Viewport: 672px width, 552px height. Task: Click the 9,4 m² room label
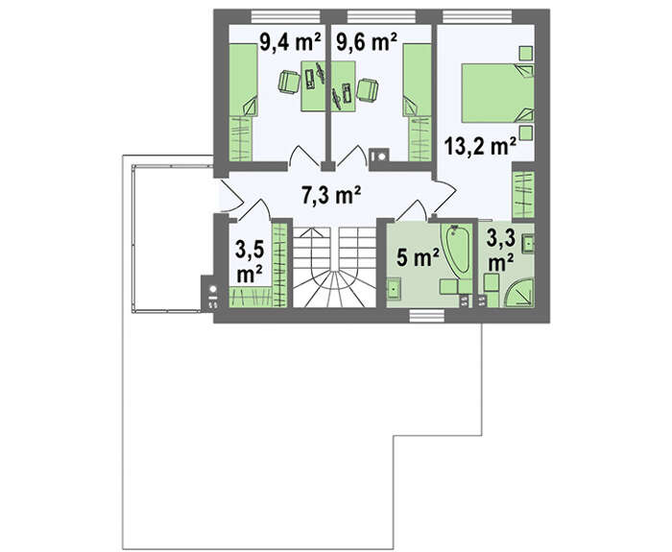[x=290, y=42]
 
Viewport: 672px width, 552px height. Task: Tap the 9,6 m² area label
[x=367, y=42]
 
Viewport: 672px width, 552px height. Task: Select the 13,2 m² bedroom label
[x=480, y=147]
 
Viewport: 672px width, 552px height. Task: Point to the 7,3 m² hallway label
[x=331, y=196]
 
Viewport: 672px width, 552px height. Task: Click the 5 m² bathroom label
[x=418, y=257]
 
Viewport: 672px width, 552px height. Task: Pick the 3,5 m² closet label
[x=249, y=262]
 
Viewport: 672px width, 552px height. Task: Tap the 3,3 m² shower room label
[x=501, y=252]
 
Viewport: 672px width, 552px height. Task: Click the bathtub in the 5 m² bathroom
[x=457, y=249]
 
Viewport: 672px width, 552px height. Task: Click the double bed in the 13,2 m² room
[x=497, y=93]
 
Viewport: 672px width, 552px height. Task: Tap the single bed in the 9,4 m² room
[x=243, y=80]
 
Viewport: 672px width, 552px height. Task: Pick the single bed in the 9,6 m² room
[x=417, y=80]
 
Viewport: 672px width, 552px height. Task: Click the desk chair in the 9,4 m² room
[x=289, y=82]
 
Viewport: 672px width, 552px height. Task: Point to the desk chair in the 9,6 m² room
[x=368, y=90]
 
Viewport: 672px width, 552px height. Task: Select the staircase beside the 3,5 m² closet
[x=334, y=267]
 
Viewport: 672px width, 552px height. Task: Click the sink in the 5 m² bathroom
[x=394, y=288]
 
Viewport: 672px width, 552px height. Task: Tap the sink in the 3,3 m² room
[x=528, y=244]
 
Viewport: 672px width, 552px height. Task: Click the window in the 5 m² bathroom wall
[x=427, y=316]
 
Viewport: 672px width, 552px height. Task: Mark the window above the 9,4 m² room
[x=286, y=16]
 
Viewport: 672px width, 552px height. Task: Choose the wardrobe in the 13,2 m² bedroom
[x=524, y=195]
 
